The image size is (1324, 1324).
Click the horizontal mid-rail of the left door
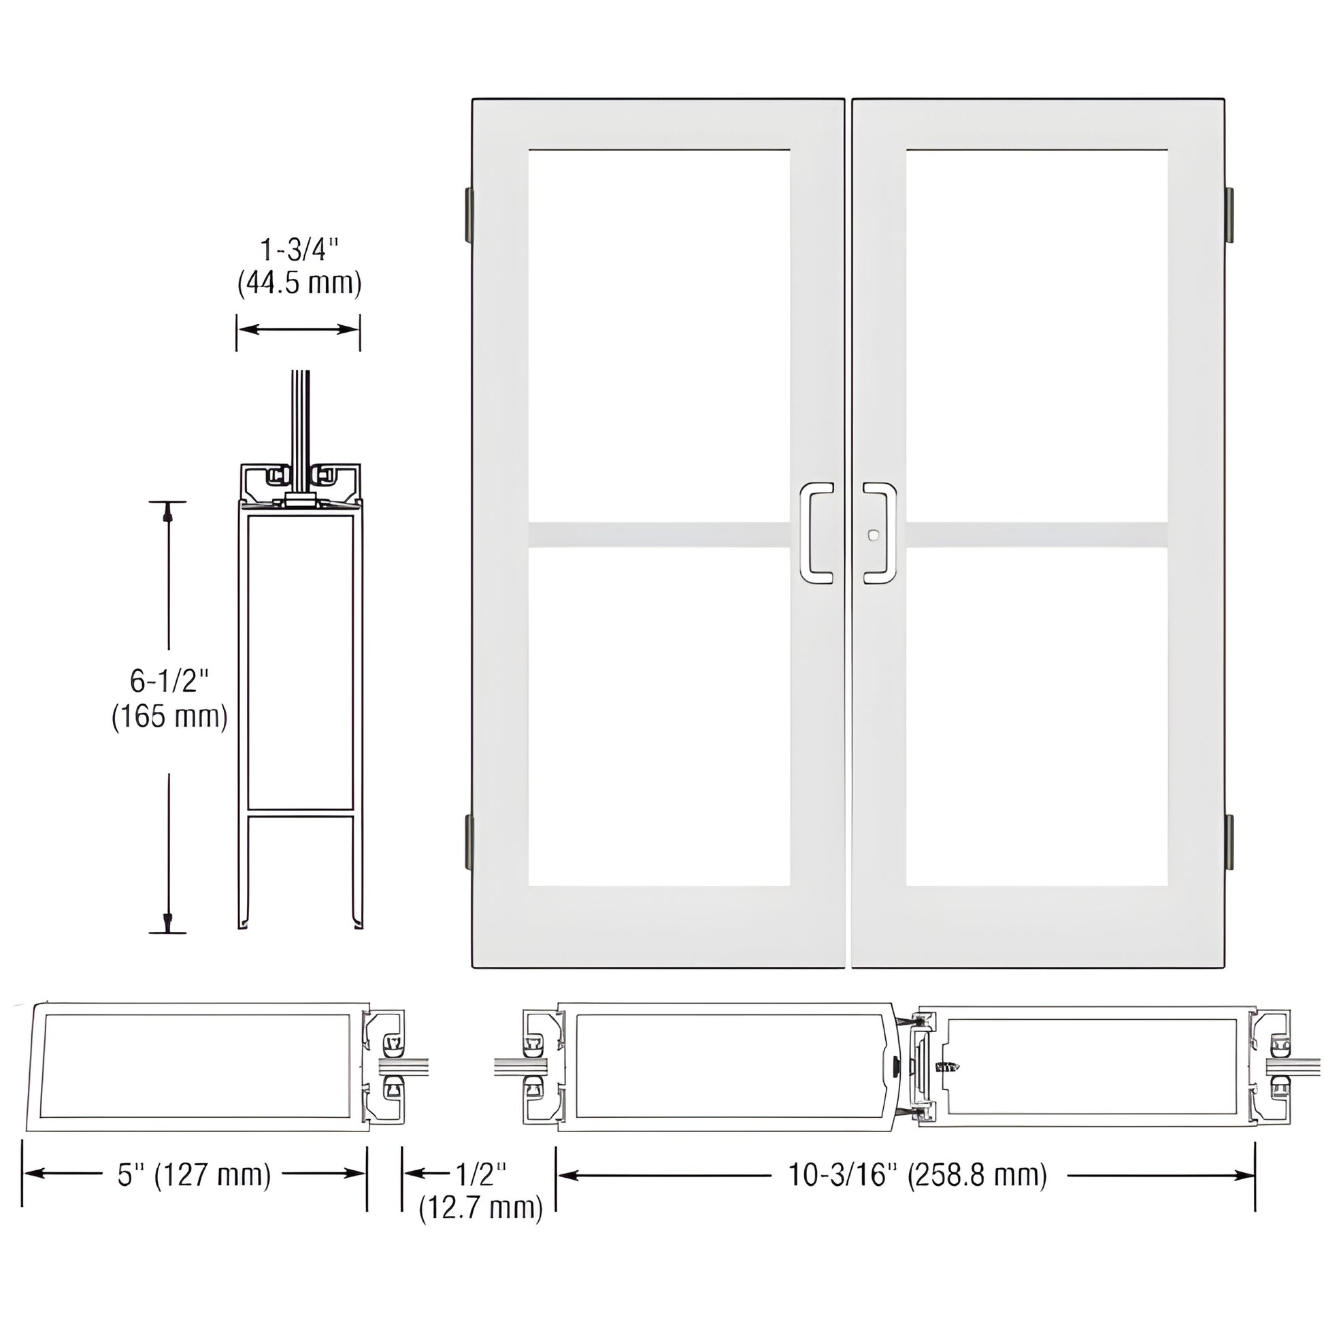(x=659, y=535)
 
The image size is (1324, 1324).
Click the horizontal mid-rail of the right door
(x=1036, y=535)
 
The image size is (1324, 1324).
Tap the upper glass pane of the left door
(x=659, y=336)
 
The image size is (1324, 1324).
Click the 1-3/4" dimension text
(x=299, y=251)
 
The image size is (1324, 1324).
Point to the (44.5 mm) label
(x=299, y=283)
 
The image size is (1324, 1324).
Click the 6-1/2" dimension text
(x=169, y=681)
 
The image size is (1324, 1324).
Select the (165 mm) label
(x=169, y=717)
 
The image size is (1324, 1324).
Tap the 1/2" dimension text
(x=481, y=1174)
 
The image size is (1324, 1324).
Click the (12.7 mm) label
(x=481, y=1208)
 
